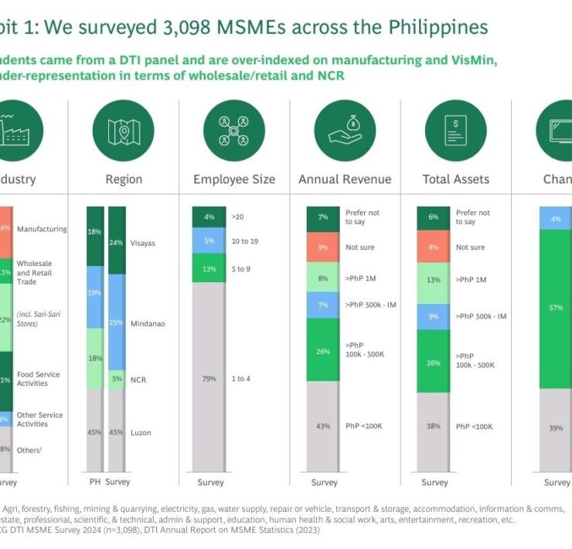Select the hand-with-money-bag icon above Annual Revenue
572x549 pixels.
coord(345,131)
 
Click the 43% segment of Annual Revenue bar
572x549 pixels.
coord(323,426)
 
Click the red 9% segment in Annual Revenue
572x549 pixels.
coord(323,247)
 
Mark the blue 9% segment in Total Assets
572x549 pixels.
coord(434,316)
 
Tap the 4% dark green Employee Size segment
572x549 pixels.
coord(209,217)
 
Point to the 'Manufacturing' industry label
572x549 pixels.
coord(42,229)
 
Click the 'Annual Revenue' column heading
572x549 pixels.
coord(345,179)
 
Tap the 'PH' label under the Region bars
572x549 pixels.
coord(94,482)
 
